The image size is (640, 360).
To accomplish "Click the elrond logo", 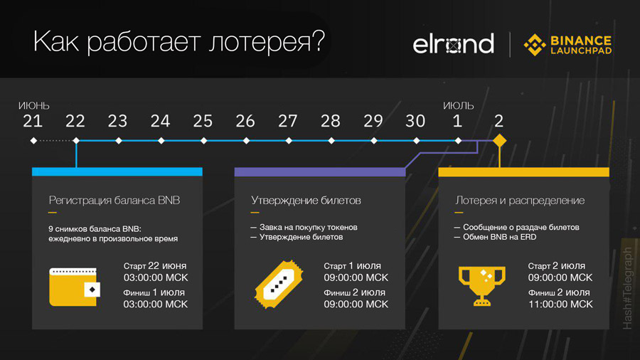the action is pos(453,43).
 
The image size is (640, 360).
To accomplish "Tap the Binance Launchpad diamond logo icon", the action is pos(535,45).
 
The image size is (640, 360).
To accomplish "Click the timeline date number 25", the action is pos(203,121).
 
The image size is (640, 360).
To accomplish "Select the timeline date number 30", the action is pos(415,121).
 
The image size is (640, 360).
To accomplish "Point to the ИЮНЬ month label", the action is pos(34,106).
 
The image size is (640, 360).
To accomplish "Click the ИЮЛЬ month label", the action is pos(459,106).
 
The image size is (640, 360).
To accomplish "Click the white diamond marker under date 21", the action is pos(33,141).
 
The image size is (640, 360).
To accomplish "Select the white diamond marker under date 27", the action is pos(289,141).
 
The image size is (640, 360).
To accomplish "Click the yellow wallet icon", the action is pos(74,287).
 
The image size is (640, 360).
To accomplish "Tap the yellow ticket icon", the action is pos(279,284).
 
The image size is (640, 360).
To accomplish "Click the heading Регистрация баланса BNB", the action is pos(114,201).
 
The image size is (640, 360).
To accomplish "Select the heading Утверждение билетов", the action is pos(306,201).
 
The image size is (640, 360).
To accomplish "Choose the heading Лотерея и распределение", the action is pos(520,201).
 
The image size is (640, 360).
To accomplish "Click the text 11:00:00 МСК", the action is pos(560,304).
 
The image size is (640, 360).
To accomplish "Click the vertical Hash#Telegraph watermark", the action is pos(627,288).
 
